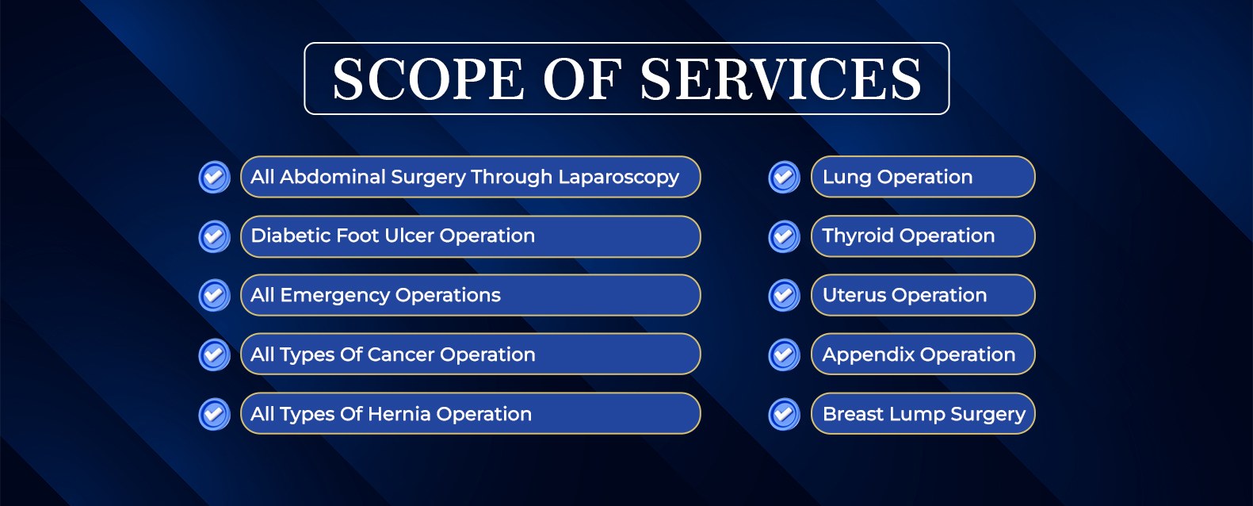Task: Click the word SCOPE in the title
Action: pyautogui.click(x=429, y=79)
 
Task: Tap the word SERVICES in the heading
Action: pyautogui.click(x=781, y=79)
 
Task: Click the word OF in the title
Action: pyautogui.click(x=583, y=79)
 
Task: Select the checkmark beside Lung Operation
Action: pyautogui.click(x=785, y=177)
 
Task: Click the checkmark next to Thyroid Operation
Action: pyautogui.click(x=785, y=236)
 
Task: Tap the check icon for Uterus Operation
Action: pyautogui.click(x=785, y=295)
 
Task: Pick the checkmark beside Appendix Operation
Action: pyautogui.click(x=785, y=355)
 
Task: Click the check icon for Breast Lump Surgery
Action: pyautogui.click(x=785, y=414)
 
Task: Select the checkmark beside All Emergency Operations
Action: pyautogui.click(x=214, y=295)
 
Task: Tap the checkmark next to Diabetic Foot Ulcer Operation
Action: pyautogui.click(x=214, y=236)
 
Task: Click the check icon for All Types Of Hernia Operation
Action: pyautogui.click(x=214, y=414)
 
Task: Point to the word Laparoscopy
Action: pyautogui.click(x=619, y=178)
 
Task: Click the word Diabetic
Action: pyautogui.click(x=285, y=236)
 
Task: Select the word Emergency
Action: pyautogui.click(x=334, y=296)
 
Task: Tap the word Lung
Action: pyautogui.click(x=846, y=178)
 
